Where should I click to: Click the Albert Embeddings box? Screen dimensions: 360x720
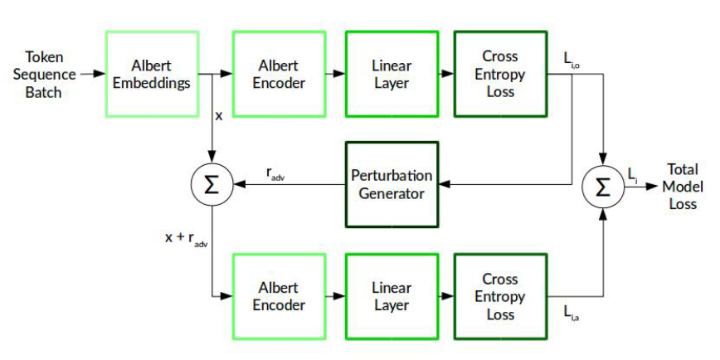click(x=151, y=74)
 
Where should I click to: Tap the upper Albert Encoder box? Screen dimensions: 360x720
click(x=279, y=74)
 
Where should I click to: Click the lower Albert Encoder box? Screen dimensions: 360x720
click(x=279, y=296)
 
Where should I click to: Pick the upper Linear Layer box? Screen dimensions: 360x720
click(x=392, y=74)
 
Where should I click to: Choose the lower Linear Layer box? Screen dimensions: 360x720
click(x=392, y=296)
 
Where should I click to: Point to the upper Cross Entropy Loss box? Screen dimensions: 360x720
click(x=500, y=74)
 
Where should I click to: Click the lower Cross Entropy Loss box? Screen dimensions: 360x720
click(x=500, y=296)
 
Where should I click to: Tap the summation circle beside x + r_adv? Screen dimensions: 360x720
click(x=212, y=184)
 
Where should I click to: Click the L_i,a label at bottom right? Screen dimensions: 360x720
click(x=572, y=312)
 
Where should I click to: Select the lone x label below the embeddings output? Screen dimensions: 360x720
click(x=219, y=116)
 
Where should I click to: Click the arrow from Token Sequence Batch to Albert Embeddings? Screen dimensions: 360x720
click(x=92, y=74)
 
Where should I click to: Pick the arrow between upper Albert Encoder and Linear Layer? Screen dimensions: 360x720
click(x=334, y=74)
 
